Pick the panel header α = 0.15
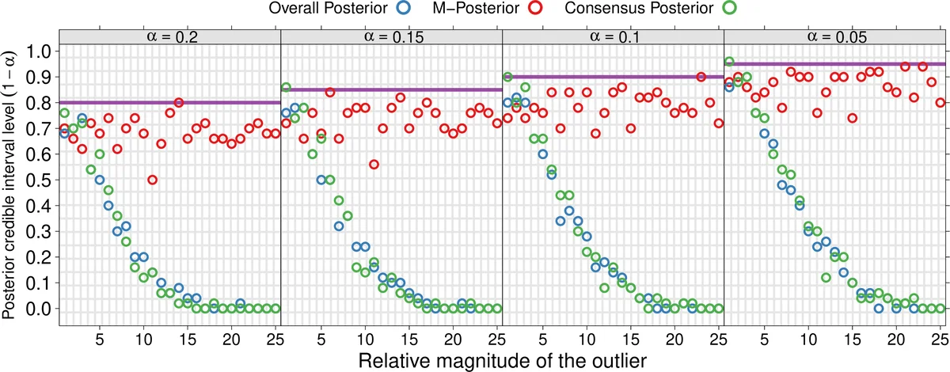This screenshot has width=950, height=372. [x=391, y=36]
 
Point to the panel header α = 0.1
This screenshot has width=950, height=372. [x=613, y=36]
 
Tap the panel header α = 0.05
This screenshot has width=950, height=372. [x=834, y=36]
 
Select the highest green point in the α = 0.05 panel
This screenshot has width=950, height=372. [x=729, y=62]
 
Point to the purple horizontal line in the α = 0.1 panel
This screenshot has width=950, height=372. [x=613, y=77]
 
